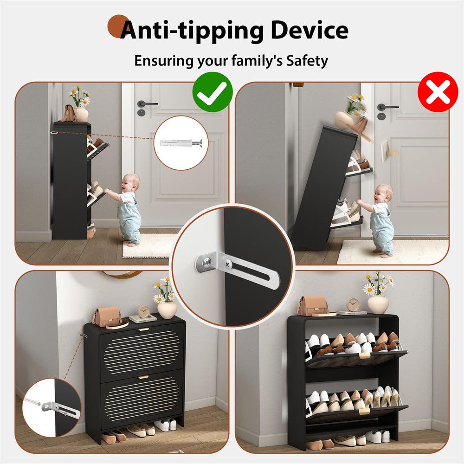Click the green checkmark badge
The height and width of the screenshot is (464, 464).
(x=213, y=92)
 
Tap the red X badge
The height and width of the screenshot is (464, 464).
(x=438, y=92)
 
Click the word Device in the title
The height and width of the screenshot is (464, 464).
(x=309, y=30)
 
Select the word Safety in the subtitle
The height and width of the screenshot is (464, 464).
(x=307, y=60)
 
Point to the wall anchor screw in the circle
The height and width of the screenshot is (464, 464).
(x=181, y=143)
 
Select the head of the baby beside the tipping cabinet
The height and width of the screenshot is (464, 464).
(x=384, y=193)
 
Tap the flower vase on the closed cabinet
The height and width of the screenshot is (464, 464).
(x=167, y=309)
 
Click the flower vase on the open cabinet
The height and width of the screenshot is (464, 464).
(x=378, y=304)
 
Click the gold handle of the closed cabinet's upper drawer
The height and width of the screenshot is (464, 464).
(x=143, y=329)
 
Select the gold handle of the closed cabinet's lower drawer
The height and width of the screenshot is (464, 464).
(x=143, y=377)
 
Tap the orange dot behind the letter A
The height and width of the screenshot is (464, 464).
(x=117, y=26)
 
